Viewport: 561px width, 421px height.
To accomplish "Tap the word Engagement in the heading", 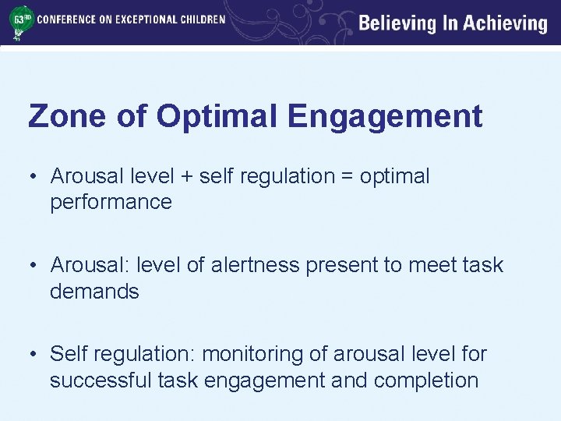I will point(385,117).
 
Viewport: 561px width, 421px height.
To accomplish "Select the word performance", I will point(111,203).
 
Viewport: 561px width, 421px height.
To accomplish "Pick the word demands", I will point(94,292).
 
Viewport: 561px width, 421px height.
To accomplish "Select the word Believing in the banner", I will point(397,23).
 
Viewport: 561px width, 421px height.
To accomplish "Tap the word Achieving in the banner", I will point(506,23).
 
